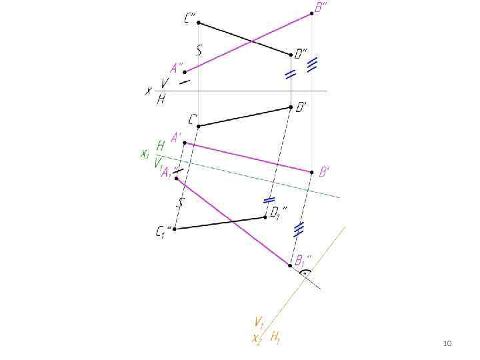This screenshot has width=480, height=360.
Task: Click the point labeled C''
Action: click(198, 22)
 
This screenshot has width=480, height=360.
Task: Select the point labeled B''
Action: click(312, 13)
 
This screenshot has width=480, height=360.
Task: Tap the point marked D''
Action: click(291, 55)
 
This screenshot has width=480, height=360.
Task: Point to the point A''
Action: click(185, 71)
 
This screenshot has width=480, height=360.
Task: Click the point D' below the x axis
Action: click(291, 107)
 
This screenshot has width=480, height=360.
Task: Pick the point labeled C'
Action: click(198, 125)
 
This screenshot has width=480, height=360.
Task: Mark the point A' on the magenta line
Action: click(185, 143)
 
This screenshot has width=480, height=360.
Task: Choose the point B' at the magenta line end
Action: click(311, 171)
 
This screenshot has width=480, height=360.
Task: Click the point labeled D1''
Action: click(265, 217)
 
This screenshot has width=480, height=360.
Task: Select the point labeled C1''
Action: click(174, 229)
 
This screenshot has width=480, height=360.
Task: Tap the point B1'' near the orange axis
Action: click(289, 265)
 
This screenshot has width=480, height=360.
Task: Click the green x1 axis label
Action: click(144, 154)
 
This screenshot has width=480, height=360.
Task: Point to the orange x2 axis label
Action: click(256, 338)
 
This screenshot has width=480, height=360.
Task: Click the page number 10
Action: click(447, 343)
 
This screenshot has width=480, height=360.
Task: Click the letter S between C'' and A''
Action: click(199, 49)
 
